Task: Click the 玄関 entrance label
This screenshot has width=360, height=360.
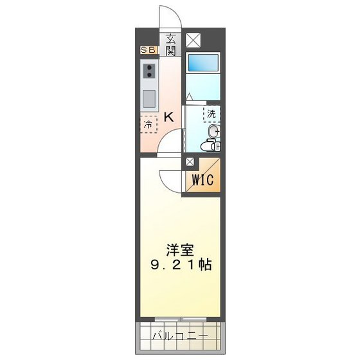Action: (171, 43)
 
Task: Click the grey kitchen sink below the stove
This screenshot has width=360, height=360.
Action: (148, 99)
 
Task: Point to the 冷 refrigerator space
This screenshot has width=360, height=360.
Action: (148, 124)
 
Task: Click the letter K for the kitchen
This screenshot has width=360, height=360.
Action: (168, 117)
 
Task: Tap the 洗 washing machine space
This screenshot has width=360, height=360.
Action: (212, 114)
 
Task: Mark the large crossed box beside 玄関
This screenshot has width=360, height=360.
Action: (193, 39)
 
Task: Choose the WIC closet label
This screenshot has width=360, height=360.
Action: (203, 181)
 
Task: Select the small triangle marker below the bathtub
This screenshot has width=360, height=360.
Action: (190, 97)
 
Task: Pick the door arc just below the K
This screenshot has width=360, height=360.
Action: (168, 143)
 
